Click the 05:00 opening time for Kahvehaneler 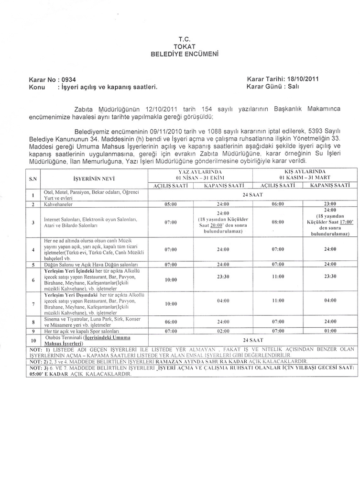click(171, 204)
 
